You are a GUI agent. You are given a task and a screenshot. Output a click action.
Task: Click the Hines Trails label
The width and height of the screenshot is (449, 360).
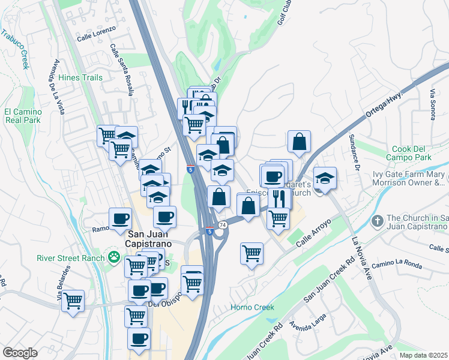pyautogui.click(x=80, y=77)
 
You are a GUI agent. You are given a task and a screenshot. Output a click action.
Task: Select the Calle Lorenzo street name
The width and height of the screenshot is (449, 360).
pyautogui.click(x=95, y=37)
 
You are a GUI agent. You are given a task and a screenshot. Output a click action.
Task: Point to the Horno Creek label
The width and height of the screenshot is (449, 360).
pyautogui.click(x=253, y=307)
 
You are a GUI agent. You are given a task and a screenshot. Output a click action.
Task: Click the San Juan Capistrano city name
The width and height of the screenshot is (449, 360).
pyautogui.click(x=148, y=239)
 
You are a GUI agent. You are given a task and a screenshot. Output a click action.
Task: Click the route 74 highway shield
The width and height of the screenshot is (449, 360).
pyautogui.click(x=223, y=224)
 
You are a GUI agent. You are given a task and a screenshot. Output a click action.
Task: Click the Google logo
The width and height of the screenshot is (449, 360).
pyautogui.click(x=20, y=353)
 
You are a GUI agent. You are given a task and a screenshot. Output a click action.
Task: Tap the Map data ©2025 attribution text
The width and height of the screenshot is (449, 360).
pyautogui.click(x=423, y=355)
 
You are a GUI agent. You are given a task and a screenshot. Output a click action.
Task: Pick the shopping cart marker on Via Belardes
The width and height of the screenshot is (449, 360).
pyautogui.click(x=73, y=299)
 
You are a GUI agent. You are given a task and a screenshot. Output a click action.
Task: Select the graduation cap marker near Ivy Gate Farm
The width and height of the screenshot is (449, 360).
pyautogui.click(x=325, y=178)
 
